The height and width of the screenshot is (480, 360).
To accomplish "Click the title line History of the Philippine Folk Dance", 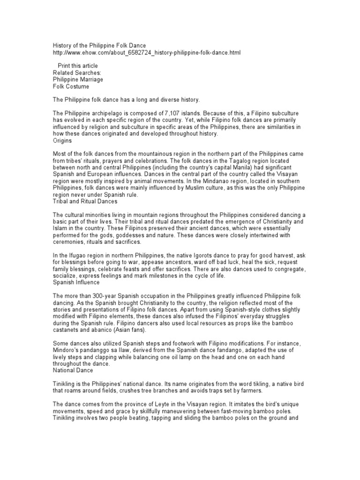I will click(99, 46).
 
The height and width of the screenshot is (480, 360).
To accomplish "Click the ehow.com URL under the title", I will click(147, 53).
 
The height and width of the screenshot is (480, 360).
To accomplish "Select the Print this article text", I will click(78, 66).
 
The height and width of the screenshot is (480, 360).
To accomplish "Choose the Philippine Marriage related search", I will click(78, 80).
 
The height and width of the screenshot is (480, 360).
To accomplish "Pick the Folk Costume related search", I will click(71, 87).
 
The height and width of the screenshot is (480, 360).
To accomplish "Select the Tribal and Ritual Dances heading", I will click(85, 202).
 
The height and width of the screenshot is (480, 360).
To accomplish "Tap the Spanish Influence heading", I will click(76, 283).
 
